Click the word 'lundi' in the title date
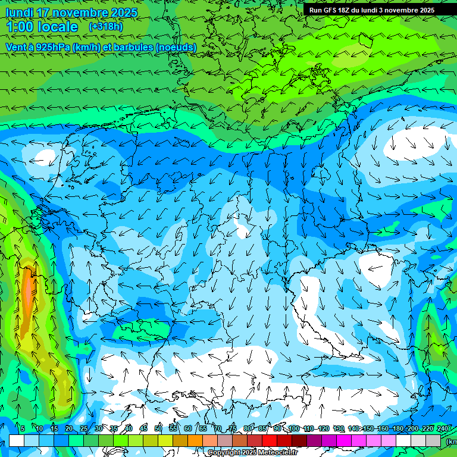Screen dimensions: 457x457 pos(18,12)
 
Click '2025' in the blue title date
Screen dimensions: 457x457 pos(123,12)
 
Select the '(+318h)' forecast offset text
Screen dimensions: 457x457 pos(105,27)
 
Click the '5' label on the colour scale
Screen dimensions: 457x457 pos(23,429)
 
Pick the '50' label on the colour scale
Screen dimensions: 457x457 pos(158,429)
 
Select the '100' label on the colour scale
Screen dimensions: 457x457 pos(293,429)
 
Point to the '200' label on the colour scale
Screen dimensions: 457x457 pos(413,429)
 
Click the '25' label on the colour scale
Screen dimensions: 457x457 pos(83,429)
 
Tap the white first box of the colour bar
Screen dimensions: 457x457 pos(17,440)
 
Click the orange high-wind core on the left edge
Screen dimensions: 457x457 pos(27,292)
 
